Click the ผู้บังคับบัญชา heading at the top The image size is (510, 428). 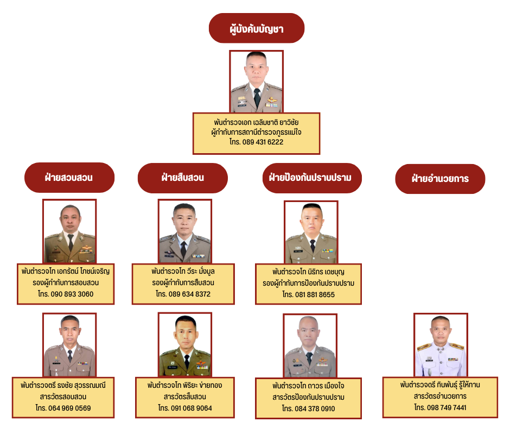pyautogui.click(x=256, y=28)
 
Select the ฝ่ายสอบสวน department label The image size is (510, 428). pyautogui.click(x=69, y=178)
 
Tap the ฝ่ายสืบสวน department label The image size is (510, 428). pyautogui.click(x=183, y=178)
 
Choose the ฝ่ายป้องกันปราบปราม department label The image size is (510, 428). pyautogui.click(x=311, y=178)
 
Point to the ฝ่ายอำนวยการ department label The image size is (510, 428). pyautogui.click(x=440, y=179)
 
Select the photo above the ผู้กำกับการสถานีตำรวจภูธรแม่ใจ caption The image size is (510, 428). pyautogui.click(x=256, y=81)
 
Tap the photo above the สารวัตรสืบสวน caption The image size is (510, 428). pyautogui.click(x=185, y=345)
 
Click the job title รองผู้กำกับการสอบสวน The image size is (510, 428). pyautogui.click(x=66, y=282)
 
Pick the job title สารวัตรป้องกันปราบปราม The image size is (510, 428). pyautogui.click(x=309, y=397)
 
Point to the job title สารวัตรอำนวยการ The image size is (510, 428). pyautogui.click(x=440, y=396)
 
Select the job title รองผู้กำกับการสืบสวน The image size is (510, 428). pyautogui.click(x=183, y=282)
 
